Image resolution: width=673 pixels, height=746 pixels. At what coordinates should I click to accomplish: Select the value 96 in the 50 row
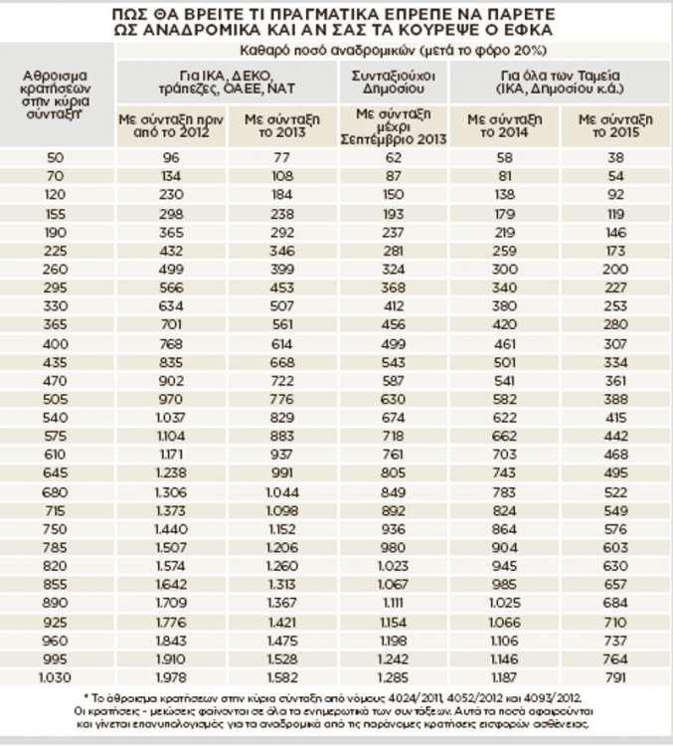coord(172,158)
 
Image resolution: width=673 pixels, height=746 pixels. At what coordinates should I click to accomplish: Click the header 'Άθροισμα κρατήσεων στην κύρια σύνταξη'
coord(57,94)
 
